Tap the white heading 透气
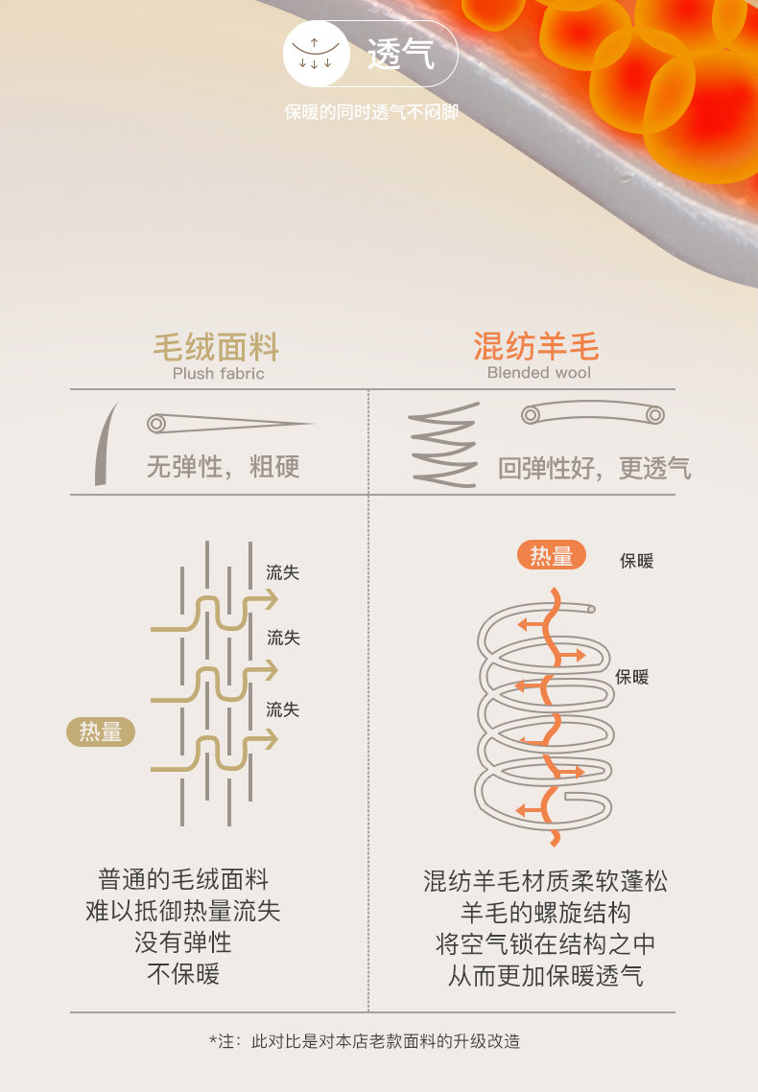pos(401,55)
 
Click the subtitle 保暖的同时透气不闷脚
pos(371,113)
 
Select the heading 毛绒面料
pos(217,346)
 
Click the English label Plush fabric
pos(218,373)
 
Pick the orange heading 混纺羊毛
pos(536,346)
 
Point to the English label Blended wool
pos(538,373)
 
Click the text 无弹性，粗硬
pos(223,467)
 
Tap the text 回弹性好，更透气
pos(594,468)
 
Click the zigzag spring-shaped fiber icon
pos(442,445)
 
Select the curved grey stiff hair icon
pos(106,443)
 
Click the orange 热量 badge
pos(552,556)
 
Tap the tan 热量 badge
pos(101,732)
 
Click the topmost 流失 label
pos(283,573)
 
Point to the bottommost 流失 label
pos(283,709)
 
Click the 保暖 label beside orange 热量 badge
pos(636,561)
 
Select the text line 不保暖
pos(183,974)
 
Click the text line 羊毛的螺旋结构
pos(545,912)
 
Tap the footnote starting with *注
pos(365,1041)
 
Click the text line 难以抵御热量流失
pos(183,911)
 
